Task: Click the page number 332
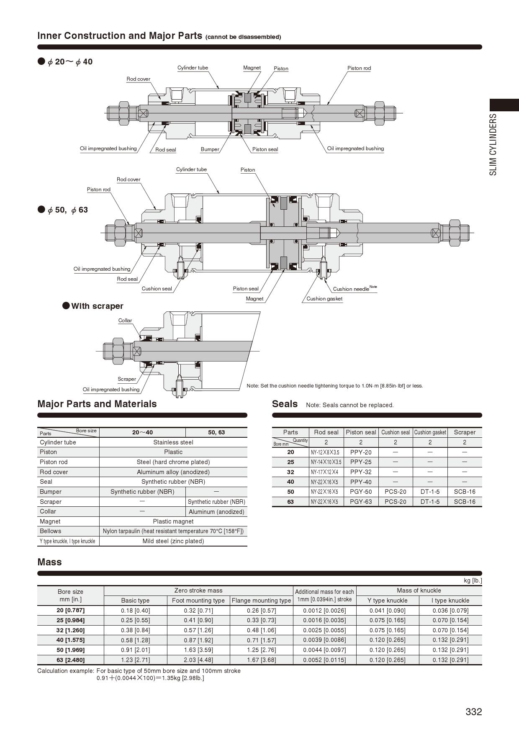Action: (x=473, y=712)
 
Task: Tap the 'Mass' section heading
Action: (x=49, y=562)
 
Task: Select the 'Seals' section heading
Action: (x=285, y=404)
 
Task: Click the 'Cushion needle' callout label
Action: (x=351, y=289)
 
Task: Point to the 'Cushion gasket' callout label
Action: (x=324, y=299)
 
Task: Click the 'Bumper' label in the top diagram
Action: (x=210, y=149)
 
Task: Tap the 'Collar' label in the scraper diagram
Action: (x=125, y=321)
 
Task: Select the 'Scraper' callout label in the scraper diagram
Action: (x=127, y=379)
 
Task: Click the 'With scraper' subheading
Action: (x=97, y=306)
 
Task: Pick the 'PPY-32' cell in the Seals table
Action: (x=361, y=472)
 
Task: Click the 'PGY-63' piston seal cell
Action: (x=361, y=502)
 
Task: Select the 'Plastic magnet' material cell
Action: (x=173, y=521)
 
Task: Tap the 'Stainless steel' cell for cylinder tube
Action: (x=173, y=442)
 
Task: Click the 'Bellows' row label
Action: (x=50, y=531)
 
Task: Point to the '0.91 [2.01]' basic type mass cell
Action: (x=135, y=650)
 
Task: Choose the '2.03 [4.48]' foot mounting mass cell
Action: (x=198, y=660)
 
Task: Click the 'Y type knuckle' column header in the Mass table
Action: (x=387, y=601)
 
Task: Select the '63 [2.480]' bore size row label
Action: (x=70, y=660)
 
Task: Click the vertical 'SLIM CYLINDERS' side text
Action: (x=493, y=144)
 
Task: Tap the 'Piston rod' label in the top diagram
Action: (x=359, y=68)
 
